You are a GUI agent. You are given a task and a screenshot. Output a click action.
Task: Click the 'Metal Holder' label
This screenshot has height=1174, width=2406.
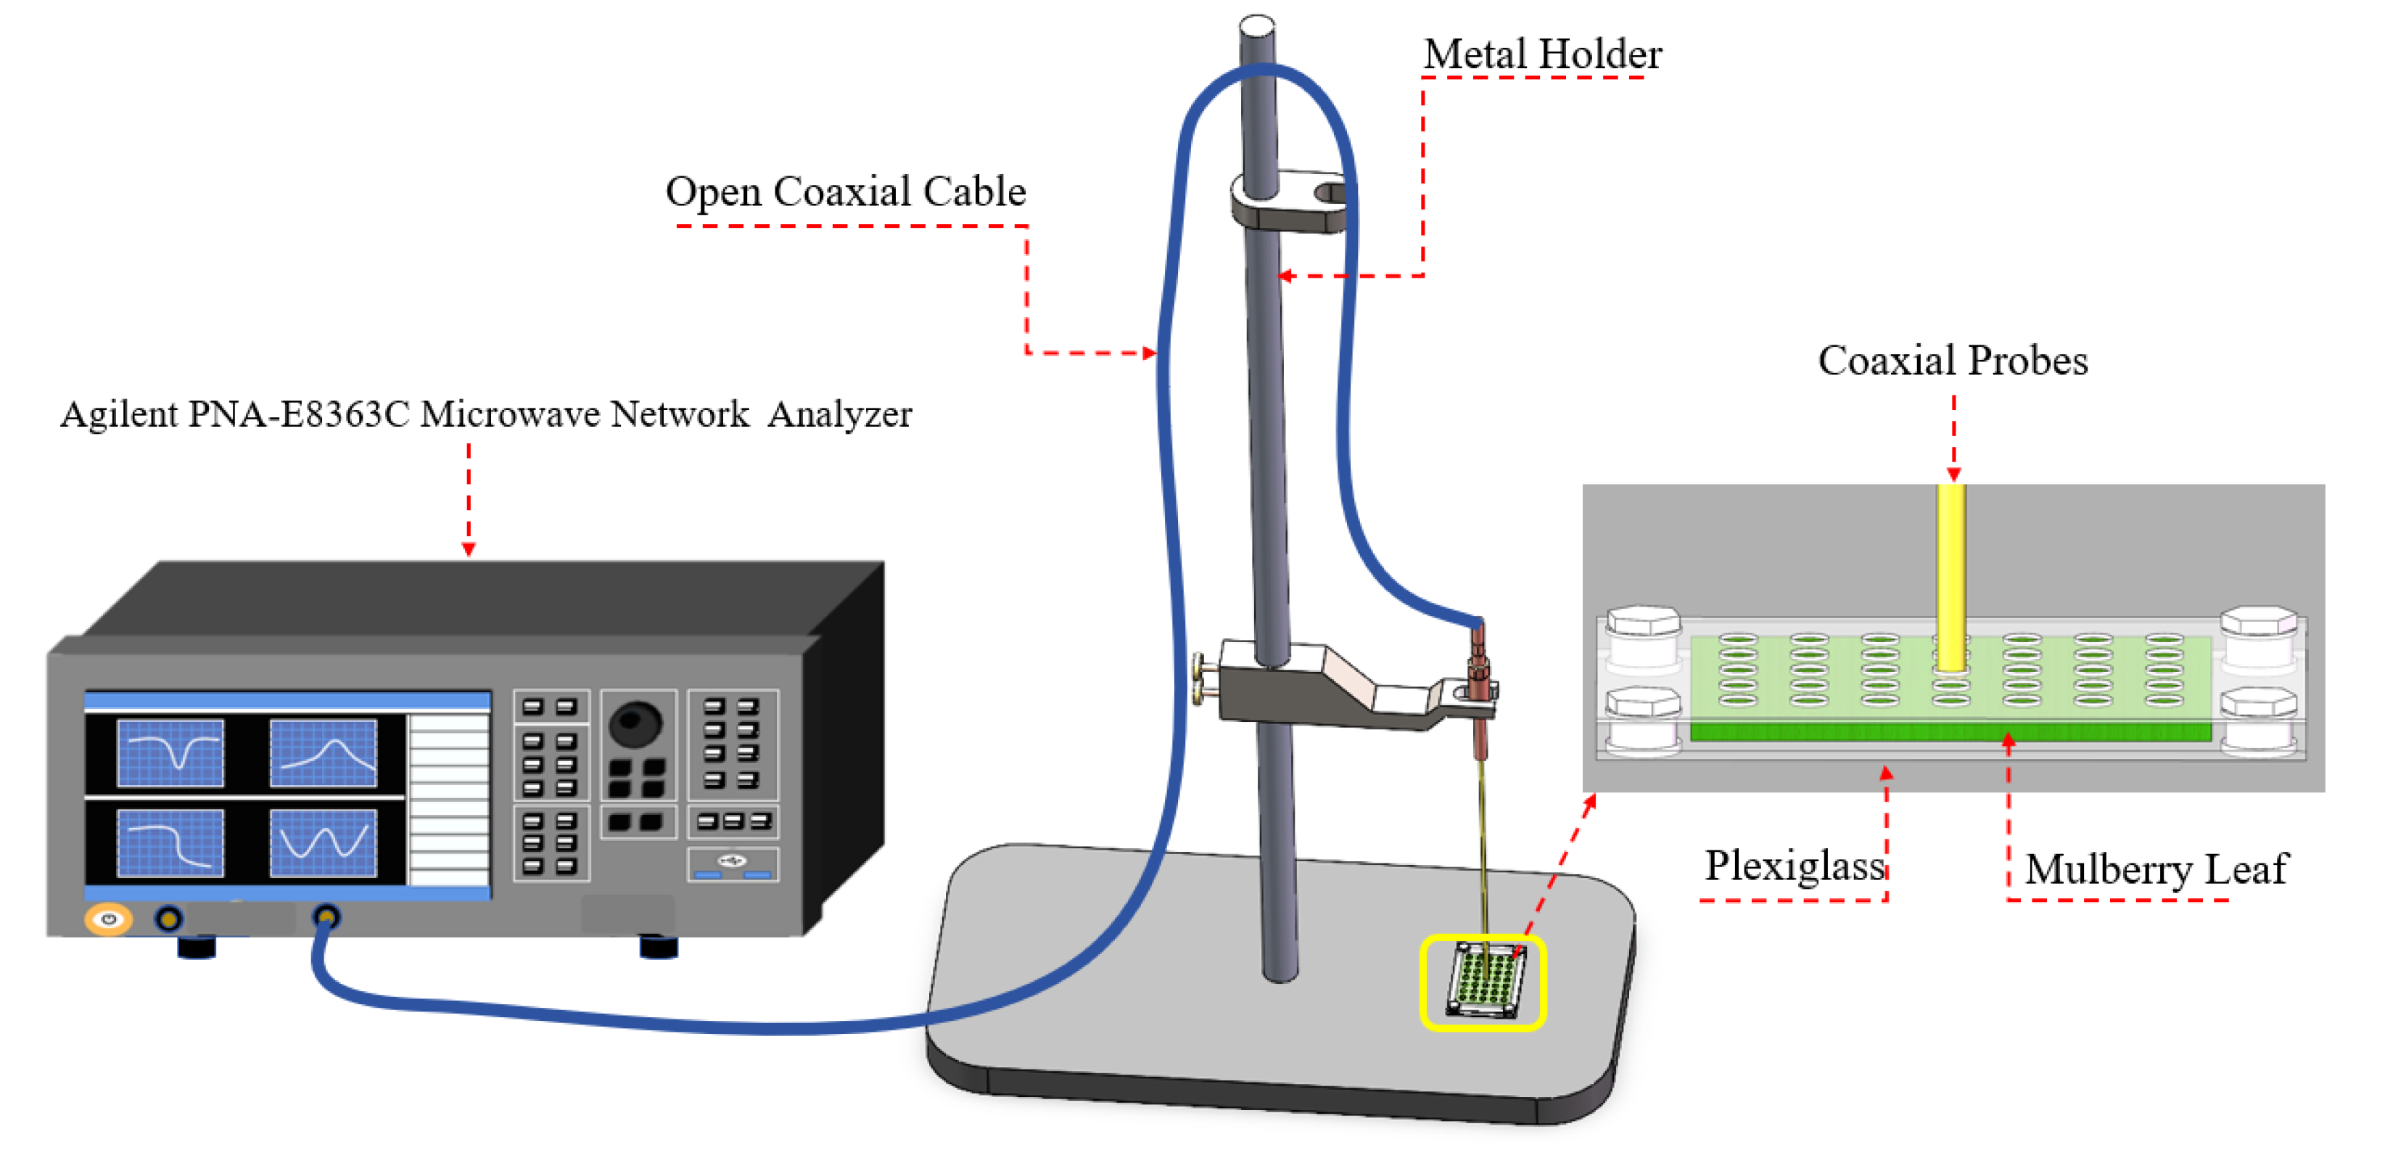click(1541, 54)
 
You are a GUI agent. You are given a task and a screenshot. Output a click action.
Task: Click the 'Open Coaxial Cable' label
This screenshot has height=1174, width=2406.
click(845, 192)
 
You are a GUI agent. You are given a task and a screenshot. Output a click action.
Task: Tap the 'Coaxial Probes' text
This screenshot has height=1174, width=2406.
click(1952, 361)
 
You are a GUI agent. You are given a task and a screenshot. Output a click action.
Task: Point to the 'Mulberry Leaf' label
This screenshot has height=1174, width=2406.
click(2156, 869)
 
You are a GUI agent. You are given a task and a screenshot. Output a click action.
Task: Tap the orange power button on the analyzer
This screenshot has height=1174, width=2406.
click(108, 919)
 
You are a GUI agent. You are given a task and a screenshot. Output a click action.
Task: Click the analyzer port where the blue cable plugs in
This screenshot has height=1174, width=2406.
click(325, 917)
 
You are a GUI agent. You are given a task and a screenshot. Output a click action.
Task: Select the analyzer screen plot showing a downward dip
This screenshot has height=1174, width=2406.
click(170, 752)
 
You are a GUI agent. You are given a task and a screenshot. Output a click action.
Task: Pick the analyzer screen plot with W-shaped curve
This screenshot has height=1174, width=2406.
click(324, 842)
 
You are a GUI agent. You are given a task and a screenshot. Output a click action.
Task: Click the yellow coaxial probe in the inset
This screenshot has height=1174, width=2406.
click(1950, 575)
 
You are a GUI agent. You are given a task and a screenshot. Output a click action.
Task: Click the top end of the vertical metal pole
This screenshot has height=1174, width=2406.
click(1257, 26)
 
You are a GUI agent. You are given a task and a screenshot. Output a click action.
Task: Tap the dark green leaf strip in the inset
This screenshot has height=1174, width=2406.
click(1950, 732)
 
